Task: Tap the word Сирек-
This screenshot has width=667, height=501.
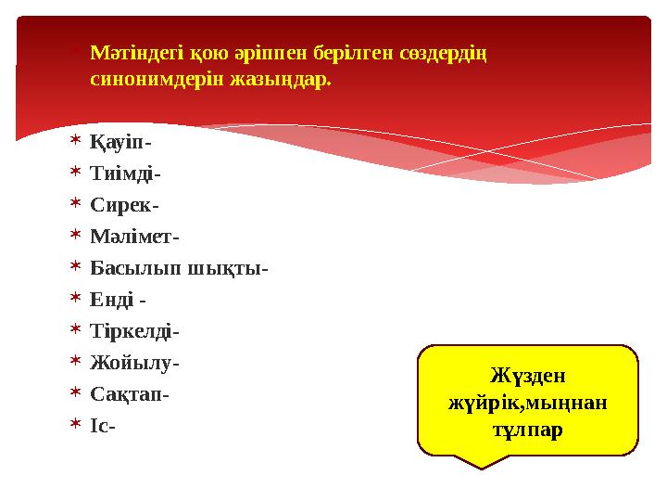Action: click(124, 205)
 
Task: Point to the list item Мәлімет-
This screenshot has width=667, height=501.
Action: click(135, 237)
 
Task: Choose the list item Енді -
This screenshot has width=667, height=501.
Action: click(118, 300)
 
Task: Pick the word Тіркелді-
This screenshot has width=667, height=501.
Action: click(134, 331)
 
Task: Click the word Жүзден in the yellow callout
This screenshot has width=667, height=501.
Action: click(528, 377)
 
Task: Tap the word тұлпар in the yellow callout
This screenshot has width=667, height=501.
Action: click(528, 430)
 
